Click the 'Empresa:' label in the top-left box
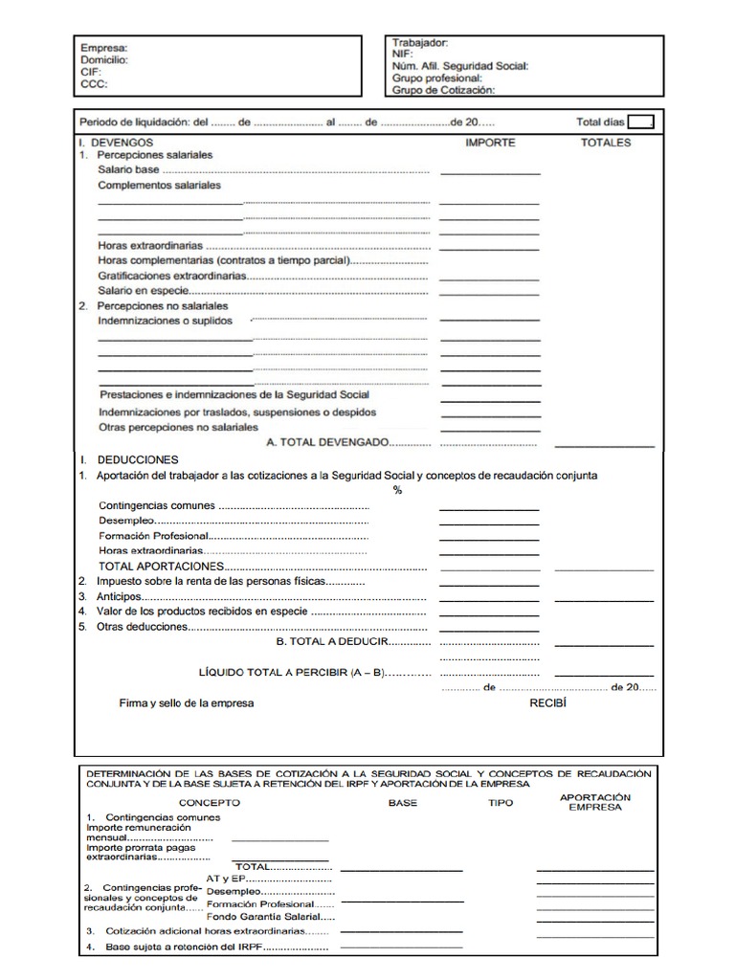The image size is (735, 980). [103, 47]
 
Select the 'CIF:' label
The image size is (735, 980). [92, 71]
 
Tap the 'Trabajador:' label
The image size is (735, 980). [419, 43]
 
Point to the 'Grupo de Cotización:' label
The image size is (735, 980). [443, 90]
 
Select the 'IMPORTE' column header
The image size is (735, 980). [490, 143]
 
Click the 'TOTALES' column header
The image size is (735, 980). [606, 143]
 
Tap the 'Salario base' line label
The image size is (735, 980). [128, 169]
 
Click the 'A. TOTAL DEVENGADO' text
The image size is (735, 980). [326, 443]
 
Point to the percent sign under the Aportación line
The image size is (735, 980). [397, 490]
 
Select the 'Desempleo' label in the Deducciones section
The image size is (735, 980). [122, 521]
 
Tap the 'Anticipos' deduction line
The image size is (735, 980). [119, 596]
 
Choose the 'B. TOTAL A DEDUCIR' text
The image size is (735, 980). [332, 642]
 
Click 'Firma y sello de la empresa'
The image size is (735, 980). [186, 703]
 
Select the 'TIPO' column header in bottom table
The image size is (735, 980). [501, 803]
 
